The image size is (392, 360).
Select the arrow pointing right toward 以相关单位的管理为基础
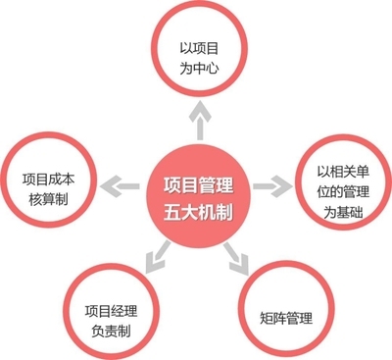[x=277, y=183]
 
